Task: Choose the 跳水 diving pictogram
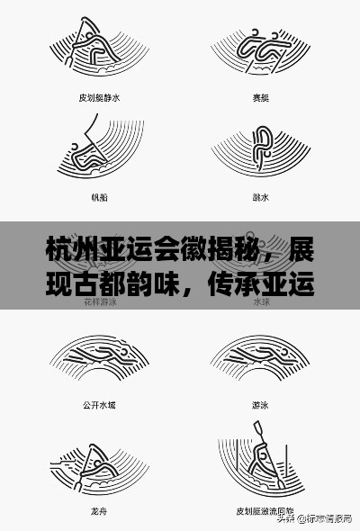point(260,148)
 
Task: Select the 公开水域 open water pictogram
point(96,360)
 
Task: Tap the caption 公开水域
point(98,405)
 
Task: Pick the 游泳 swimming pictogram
point(260,360)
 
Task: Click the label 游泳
point(260,405)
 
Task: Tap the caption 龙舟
point(98,509)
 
